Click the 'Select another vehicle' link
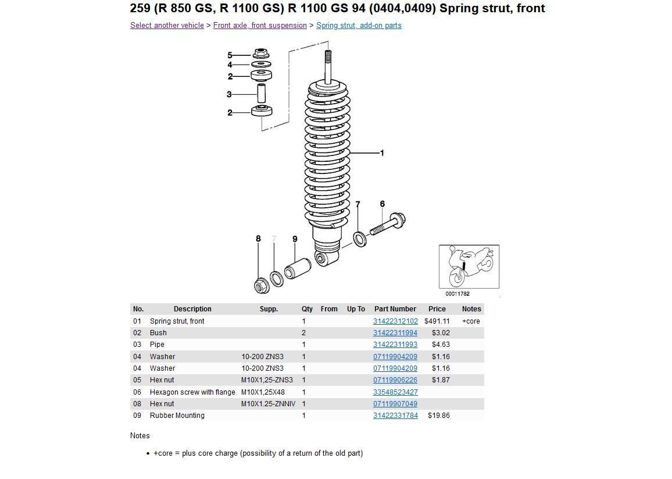(x=167, y=26)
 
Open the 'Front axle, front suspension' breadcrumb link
(x=260, y=26)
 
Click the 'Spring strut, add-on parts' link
(x=359, y=26)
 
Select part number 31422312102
(x=395, y=321)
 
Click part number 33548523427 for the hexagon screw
(x=395, y=392)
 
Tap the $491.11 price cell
(x=437, y=321)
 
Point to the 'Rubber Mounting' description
(x=177, y=416)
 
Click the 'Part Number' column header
(x=395, y=309)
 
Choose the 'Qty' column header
(x=307, y=309)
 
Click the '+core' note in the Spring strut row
(x=471, y=321)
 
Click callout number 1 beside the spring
(x=382, y=153)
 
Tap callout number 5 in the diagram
(x=230, y=55)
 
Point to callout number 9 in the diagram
(x=295, y=239)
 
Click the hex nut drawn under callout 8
(x=260, y=286)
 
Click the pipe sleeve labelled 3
(x=262, y=93)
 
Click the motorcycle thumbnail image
(x=469, y=267)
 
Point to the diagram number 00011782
(x=457, y=294)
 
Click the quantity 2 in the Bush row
(x=303, y=333)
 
